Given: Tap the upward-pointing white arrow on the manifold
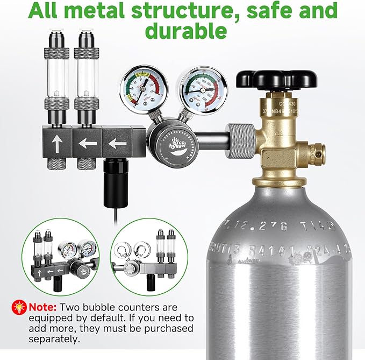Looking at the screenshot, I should click(57, 143).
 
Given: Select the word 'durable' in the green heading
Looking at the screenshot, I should click(185, 31).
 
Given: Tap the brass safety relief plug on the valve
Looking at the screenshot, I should click(317, 151).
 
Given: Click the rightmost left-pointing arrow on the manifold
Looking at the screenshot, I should click(117, 143).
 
